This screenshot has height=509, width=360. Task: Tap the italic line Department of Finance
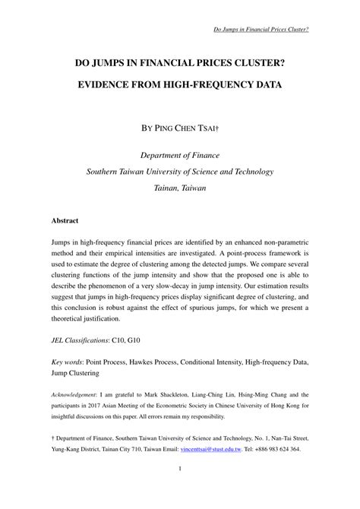pos(180,154)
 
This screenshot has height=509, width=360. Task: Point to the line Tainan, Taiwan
pos(180,187)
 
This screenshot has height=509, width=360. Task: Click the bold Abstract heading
pos(65,220)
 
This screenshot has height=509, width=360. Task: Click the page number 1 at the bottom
pos(180,488)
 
